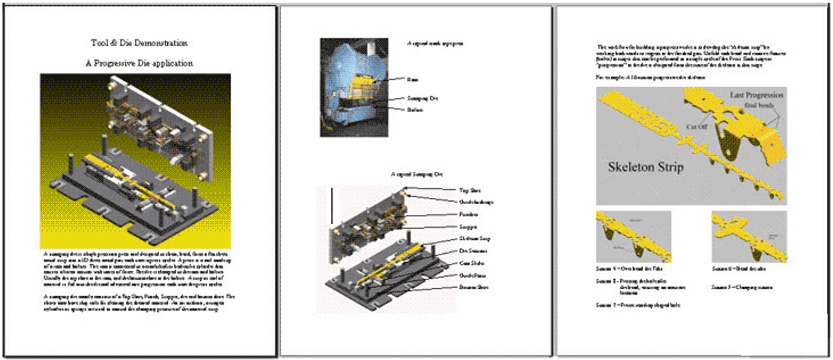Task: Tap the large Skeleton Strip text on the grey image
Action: (645, 167)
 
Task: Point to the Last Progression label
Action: (756, 95)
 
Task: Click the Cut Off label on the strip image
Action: (697, 126)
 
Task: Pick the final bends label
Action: (759, 105)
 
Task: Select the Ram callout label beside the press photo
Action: (413, 79)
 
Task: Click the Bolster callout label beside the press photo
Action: (415, 109)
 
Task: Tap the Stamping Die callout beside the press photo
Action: (422, 98)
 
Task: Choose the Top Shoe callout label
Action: (470, 190)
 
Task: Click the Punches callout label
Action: (468, 214)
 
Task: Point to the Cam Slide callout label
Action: (471, 263)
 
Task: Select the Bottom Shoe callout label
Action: (473, 287)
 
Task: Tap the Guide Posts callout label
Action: (472, 275)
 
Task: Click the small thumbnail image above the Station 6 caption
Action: (749, 237)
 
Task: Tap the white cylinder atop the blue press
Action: (371, 48)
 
